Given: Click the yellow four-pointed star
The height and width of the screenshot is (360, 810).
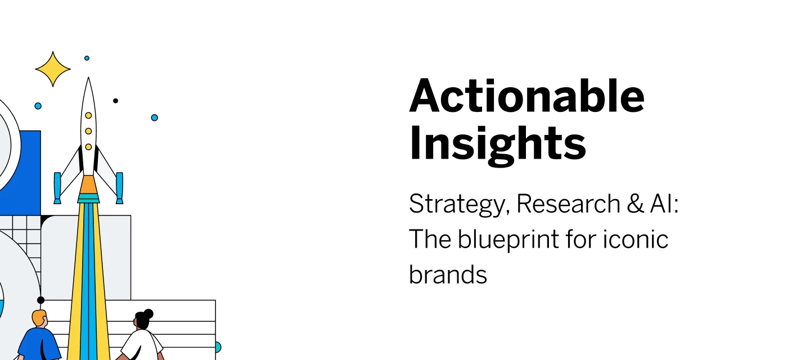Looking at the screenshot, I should coord(53,69).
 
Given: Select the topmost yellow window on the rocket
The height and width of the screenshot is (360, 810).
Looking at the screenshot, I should coord(88,115).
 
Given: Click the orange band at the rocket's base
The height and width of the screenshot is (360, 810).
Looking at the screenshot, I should coord(88,184).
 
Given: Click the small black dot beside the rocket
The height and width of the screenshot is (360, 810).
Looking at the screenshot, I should coord(115,101).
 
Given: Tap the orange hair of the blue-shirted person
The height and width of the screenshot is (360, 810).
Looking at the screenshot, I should coord(39,318).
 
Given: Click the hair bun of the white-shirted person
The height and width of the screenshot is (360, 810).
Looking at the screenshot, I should coord(148,313).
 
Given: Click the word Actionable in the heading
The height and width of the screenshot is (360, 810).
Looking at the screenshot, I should coord(526,96).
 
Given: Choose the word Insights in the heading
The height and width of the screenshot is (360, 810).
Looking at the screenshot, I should coord(497,143).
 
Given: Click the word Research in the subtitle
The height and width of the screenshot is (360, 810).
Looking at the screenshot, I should coord(568,204).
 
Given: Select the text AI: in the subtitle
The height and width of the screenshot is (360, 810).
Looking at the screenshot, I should coord(665,204).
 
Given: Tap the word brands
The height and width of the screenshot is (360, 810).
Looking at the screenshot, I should coord(448,274).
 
